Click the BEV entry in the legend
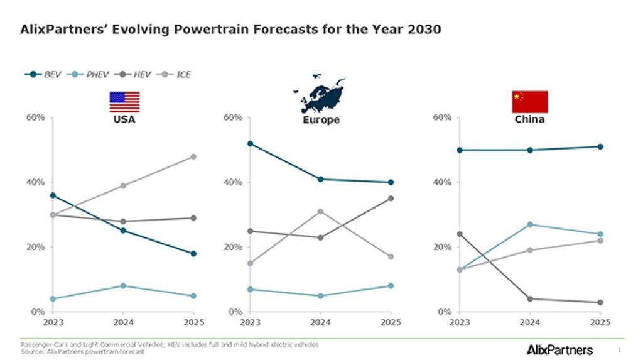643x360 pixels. click(44, 74)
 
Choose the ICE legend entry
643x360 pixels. click(178, 74)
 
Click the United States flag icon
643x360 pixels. click(124, 102)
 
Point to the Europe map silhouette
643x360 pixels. click(319, 95)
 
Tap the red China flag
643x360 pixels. click(529, 102)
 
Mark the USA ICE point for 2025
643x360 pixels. click(193, 156)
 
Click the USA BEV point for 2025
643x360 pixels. click(193, 254)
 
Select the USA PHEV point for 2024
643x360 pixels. click(123, 286)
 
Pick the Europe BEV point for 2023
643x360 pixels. click(250, 143)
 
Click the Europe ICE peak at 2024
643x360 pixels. click(320, 211)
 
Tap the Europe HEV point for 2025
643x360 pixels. click(391, 199)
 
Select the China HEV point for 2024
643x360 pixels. click(530, 299)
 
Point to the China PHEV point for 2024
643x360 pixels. click(530, 224)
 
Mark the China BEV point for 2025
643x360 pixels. click(600, 146)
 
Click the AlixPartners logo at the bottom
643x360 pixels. click(559, 349)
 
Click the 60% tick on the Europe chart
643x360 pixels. click(233, 117)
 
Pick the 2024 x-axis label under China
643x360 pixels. click(530, 322)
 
